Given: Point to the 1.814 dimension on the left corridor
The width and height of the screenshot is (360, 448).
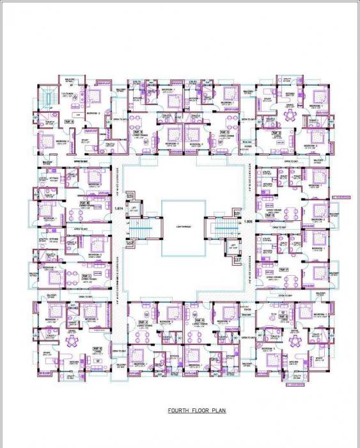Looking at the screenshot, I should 118,209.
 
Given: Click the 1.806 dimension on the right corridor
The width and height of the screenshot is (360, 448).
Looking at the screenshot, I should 248,221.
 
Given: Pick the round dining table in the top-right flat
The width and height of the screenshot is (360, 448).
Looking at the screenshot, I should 290,115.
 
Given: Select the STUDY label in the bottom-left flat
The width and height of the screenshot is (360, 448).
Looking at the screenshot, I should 46,351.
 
